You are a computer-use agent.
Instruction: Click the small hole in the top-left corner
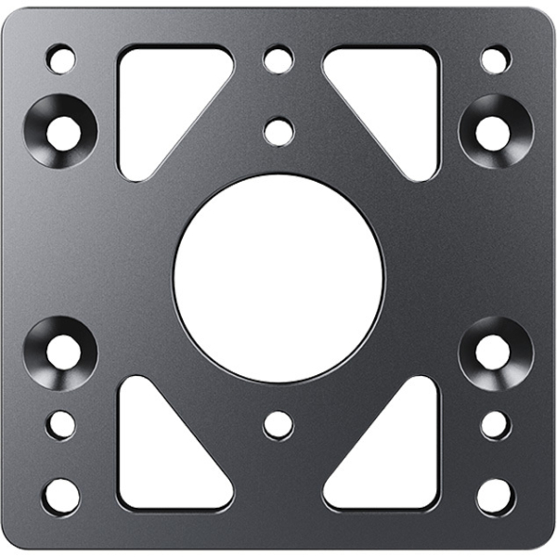coord(61,60)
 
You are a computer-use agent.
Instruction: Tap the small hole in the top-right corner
coord(495,60)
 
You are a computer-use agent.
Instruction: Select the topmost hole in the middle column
coord(278,60)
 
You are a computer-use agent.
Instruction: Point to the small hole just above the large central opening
coord(278,131)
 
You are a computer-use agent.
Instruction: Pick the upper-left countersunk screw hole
coord(61,131)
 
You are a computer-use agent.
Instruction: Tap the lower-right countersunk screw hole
coord(493,351)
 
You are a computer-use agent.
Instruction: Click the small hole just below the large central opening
coord(278,425)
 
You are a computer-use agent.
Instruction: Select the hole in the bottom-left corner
coord(61,496)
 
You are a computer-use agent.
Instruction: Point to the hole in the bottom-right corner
coord(495,496)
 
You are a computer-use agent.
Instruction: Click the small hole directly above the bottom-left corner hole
coord(61,425)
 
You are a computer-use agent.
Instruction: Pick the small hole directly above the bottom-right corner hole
coord(495,425)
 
